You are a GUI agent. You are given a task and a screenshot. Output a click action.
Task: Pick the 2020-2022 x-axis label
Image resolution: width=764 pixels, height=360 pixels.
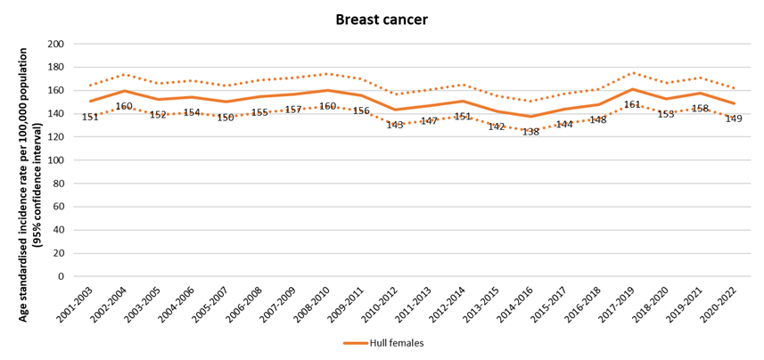(x=720, y=306)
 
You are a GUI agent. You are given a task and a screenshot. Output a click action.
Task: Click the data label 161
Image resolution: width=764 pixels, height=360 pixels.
(x=632, y=104)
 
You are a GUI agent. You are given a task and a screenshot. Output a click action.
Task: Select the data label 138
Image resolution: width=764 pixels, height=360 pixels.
(x=530, y=131)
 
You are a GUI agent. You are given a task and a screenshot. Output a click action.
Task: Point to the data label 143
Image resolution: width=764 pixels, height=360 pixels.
(x=395, y=125)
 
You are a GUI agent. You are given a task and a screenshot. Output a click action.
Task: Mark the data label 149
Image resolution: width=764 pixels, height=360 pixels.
(x=734, y=119)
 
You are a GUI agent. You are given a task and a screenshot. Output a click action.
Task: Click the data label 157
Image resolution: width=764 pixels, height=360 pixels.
(x=293, y=110)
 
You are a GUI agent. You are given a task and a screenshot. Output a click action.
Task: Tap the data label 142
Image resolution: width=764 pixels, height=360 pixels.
(x=497, y=127)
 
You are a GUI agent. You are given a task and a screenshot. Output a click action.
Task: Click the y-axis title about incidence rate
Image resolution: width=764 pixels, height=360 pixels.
(x=28, y=160)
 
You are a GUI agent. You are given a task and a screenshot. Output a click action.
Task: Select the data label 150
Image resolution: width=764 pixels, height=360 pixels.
(x=226, y=117)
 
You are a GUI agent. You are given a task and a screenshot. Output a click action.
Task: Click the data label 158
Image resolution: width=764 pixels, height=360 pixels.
(x=700, y=108)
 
